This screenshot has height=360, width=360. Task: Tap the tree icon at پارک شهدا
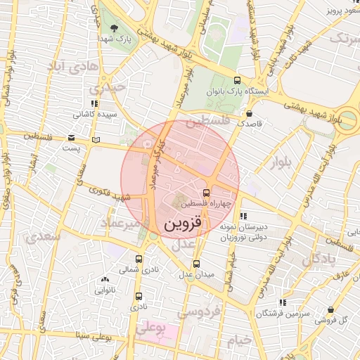(115, 28)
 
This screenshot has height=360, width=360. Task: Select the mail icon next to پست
(71, 138)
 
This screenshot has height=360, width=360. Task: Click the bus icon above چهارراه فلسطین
(206, 193)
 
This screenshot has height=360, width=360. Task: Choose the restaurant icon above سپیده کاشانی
(95, 103)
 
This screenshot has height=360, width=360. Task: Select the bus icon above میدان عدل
(196, 264)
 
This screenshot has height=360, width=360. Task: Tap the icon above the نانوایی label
(105, 280)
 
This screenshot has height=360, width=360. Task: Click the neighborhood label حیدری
(111, 88)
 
